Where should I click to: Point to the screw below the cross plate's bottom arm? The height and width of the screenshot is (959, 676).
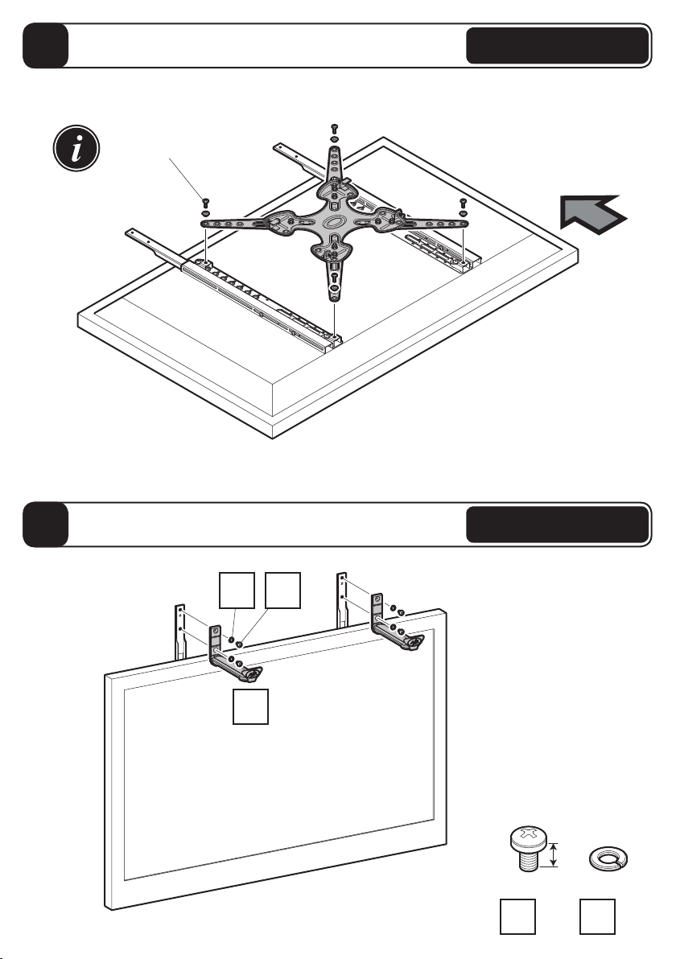pyautogui.click(x=335, y=279)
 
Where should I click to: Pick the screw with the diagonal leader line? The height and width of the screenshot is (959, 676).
pyautogui.click(x=204, y=201)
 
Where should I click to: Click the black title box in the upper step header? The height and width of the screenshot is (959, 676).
pyautogui.click(x=558, y=45)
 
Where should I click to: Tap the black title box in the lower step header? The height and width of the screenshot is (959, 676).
pyautogui.click(x=558, y=525)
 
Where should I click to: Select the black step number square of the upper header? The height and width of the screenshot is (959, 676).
pyautogui.click(x=47, y=45)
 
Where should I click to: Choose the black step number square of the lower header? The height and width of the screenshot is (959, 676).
pyautogui.click(x=47, y=525)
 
